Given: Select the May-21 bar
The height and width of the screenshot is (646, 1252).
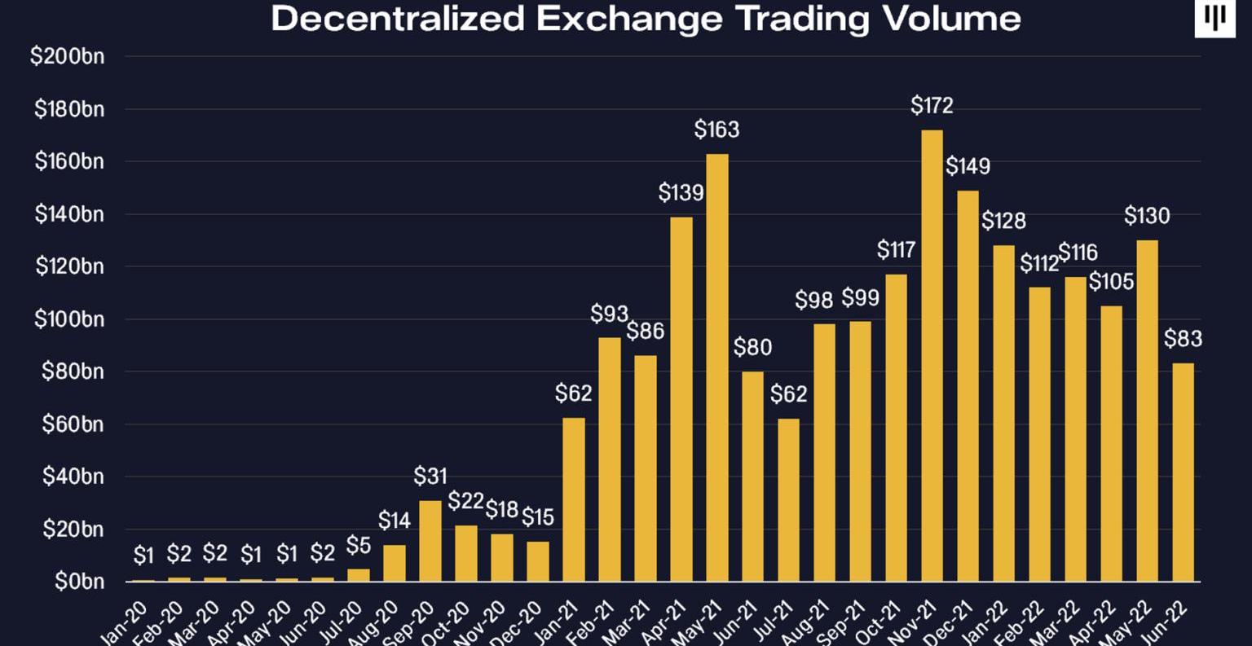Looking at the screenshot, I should [716, 367].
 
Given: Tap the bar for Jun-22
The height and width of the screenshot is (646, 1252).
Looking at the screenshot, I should [1183, 472].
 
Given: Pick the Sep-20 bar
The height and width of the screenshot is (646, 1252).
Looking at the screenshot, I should [430, 541].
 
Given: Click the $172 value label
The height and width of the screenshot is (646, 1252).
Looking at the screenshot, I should [932, 106].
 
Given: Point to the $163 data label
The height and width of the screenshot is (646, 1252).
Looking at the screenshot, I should [716, 130].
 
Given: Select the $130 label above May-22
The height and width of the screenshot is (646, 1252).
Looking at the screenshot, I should [1147, 216].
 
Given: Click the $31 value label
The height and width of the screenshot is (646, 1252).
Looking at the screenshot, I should [430, 476].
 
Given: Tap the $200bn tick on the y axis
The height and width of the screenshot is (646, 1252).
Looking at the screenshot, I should [67, 56].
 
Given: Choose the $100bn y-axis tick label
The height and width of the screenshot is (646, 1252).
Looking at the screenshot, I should [69, 319].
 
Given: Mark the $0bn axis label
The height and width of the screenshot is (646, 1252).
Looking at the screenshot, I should [78, 582].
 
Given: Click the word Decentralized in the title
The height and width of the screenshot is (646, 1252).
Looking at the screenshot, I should [397, 19].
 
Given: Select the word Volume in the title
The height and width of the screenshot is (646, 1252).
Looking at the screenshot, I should [948, 19].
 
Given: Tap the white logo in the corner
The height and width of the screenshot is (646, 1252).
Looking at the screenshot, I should [1215, 17].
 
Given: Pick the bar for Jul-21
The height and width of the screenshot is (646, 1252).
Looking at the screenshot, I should [788, 500].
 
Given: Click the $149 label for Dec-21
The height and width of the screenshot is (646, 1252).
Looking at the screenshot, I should [968, 166].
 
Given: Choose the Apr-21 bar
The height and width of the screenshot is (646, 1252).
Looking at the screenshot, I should [681, 399].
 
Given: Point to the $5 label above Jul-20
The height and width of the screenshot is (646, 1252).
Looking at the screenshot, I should [358, 545].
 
